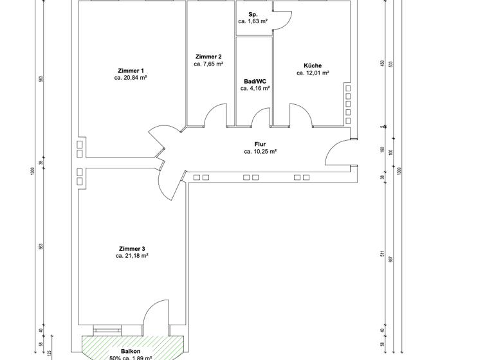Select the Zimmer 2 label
coord(208,57)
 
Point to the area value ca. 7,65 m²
coord(208,64)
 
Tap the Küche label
coord(313,66)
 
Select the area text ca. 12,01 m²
coord(313,73)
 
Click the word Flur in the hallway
coord(260,145)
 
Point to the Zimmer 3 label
coord(132,248)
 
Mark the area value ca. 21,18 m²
coord(132,256)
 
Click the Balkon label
coord(131,351)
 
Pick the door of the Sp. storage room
coord(282,21)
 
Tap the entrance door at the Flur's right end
coord(337,154)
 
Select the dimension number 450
coord(382,64)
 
